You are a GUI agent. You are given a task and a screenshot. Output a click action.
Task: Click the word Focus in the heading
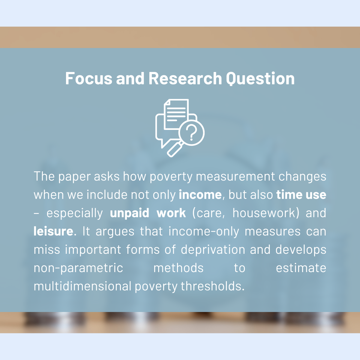click(x=89, y=79)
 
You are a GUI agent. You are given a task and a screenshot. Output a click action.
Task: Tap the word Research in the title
click(x=185, y=79)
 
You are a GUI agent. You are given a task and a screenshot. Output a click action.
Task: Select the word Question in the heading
click(x=260, y=79)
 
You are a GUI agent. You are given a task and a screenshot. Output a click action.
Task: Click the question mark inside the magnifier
click(x=191, y=133)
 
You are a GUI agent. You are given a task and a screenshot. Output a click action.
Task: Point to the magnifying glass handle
click(x=175, y=150)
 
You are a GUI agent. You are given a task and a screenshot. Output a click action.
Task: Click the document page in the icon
click(x=176, y=114)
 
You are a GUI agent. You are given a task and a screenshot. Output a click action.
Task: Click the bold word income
click(x=200, y=195)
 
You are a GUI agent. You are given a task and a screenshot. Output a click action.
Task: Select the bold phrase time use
click(x=301, y=195)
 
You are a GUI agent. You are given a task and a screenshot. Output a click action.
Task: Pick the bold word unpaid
click(x=130, y=213)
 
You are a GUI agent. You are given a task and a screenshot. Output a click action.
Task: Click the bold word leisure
click(x=53, y=231)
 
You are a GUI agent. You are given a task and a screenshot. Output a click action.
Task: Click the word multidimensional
click(x=82, y=286)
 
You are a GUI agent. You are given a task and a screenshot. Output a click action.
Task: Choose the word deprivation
click(x=213, y=250)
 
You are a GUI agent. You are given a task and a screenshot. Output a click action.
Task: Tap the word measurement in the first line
click(x=235, y=176)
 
